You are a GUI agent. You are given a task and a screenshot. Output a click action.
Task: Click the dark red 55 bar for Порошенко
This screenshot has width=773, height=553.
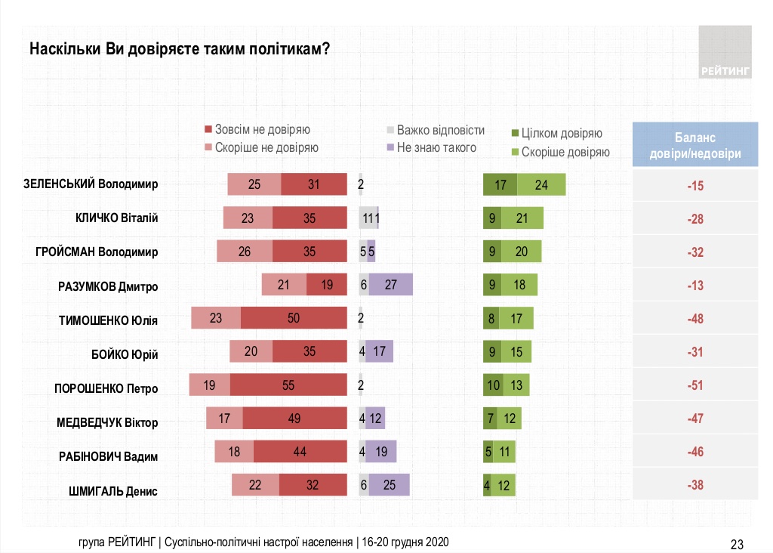(288, 385)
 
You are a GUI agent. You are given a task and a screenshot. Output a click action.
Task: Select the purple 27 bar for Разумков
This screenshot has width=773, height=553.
(391, 285)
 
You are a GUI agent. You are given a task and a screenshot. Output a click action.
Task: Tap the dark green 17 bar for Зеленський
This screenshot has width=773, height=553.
(500, 184)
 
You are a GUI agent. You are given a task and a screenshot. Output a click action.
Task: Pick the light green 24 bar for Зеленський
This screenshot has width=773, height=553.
(541, 184)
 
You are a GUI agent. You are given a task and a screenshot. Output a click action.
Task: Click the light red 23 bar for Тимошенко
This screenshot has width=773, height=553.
(216, 318)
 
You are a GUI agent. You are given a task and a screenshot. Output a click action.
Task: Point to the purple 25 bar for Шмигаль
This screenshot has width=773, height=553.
(390, 485)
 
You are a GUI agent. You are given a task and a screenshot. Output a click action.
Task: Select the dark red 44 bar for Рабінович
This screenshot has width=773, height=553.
(300, 452)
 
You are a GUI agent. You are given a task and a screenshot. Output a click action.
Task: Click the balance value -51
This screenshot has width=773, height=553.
(694, 385)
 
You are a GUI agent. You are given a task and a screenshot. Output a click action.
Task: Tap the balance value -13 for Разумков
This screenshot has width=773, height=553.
(694, 285)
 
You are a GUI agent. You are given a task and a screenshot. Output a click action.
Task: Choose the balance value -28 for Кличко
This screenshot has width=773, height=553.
(694, 218)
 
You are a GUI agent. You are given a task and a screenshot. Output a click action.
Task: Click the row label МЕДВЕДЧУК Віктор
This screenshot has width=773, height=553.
(107, 422)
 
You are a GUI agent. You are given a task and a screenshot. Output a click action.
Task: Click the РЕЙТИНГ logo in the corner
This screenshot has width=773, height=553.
(725, 51)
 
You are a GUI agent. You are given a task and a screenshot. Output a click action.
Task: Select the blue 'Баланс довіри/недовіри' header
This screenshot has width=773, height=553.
(694, 145)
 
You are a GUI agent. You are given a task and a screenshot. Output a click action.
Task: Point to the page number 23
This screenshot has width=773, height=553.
(738, 543)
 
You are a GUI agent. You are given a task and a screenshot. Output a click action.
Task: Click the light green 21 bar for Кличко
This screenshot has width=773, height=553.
(521, 218)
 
